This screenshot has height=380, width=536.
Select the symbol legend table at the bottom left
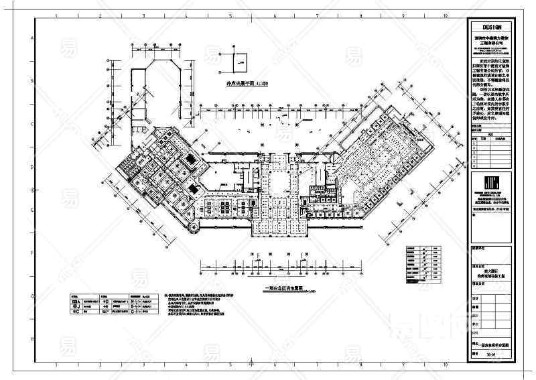coord(115,306)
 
